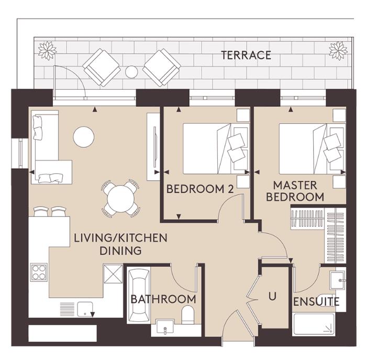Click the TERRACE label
tap(246, 55)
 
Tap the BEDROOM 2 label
tap(199, 189)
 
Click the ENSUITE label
tap(316, 302)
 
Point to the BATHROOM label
tap(163, 299)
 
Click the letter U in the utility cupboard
tap(272, 296)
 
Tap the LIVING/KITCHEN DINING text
tap(120, 244)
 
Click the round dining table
tap(121, 198)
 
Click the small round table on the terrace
tap(131, 71)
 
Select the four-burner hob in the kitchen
tap(39, 271)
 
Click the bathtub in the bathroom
tap(139, 295)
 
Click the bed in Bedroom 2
tap(209, 148)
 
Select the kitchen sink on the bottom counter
tap(85, 308)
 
